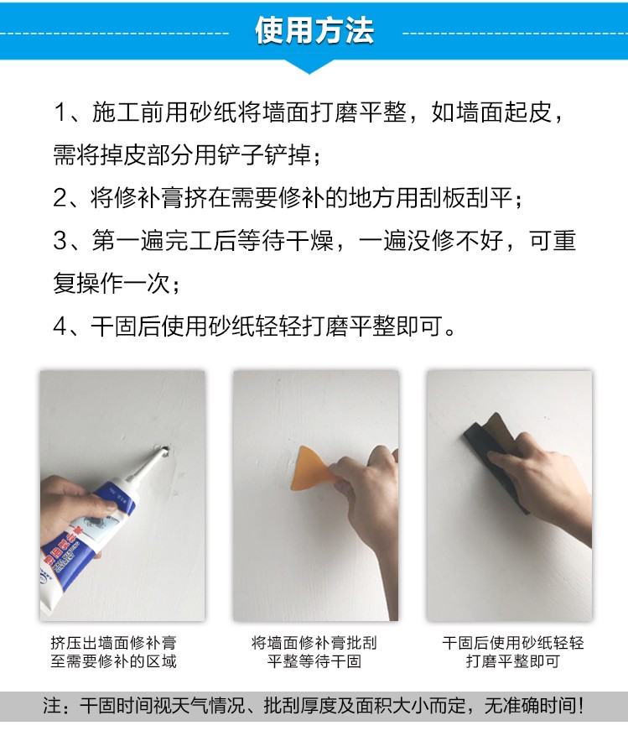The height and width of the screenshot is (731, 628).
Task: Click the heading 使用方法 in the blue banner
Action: pyautogui.click(x=314, y=31)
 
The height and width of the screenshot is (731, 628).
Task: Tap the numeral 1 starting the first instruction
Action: pyautogui.click(x=60, y=112)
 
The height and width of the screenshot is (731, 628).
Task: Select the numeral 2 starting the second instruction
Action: pyautogui.click(x=60, y=198)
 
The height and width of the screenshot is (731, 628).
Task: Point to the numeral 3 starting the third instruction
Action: pyautogui.click(x=60, y=241)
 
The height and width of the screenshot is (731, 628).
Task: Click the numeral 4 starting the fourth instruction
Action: pyautogui.click(x=60, y=326)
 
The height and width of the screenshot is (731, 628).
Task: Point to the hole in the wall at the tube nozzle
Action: pyautogui.click(x=165, y=450)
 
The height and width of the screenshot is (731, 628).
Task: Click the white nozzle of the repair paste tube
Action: pyautogui.click(x=146, y=467)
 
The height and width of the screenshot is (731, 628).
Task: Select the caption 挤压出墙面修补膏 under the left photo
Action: pyautogui.click(x=114, y=643)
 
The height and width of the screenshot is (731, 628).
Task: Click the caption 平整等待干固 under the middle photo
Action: pyautogui.click(x=314, y=661)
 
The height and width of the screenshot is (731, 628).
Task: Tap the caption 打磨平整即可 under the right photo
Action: pyautogui.click(x=513, y=661)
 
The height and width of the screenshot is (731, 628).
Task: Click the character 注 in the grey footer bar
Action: pyautogui.click(x=52, y=705)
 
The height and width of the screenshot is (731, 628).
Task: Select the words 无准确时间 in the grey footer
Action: pyautogui.click(x=529, y=705)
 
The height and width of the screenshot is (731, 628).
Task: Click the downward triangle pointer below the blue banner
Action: pyautogui.click(x=309, y=67)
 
